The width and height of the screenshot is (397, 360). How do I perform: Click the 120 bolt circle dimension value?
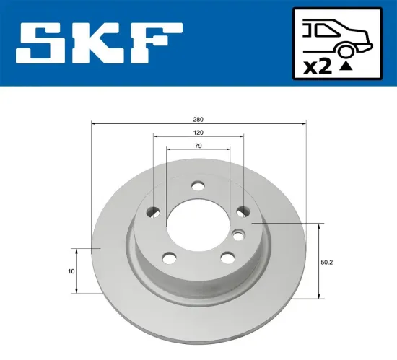tap(198, 132)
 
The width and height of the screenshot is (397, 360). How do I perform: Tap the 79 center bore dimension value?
tap(198, 146)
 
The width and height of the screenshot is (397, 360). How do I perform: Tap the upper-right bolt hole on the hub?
tap(243, 211)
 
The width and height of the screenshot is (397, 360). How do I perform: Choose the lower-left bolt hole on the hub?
tap(169, 258)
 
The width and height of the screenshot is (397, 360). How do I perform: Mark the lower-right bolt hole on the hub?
tap(227, 257)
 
